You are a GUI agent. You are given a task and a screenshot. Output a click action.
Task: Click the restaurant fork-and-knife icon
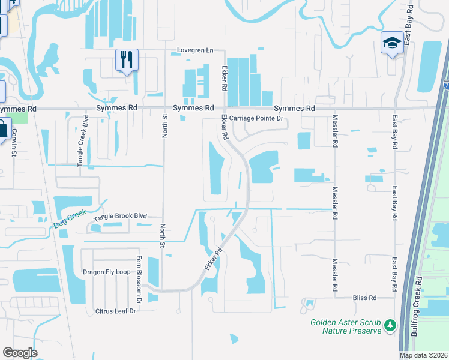[x=127, y=59]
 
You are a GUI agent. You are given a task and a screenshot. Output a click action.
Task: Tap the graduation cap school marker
[x=392, y=43]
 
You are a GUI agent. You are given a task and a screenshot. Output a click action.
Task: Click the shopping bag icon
[x=3, y=128]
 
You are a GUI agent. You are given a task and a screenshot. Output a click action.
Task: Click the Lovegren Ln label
[x=195, y=50]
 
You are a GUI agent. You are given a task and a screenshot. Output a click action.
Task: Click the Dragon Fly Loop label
[x=106, y=272]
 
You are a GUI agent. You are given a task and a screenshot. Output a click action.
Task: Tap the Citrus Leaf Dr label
[x=116, y=311]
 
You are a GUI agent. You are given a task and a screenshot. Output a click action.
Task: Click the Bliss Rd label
[x=364, y=298]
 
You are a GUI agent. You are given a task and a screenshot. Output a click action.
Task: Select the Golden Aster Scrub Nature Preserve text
[x=346, y=326]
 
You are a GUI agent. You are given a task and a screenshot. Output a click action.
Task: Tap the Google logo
[x=20, y=352]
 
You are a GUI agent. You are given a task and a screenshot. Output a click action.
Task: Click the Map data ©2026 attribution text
[x=424, y=355]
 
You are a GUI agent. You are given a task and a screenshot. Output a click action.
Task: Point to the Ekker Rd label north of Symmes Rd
[x=224, y=78]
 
